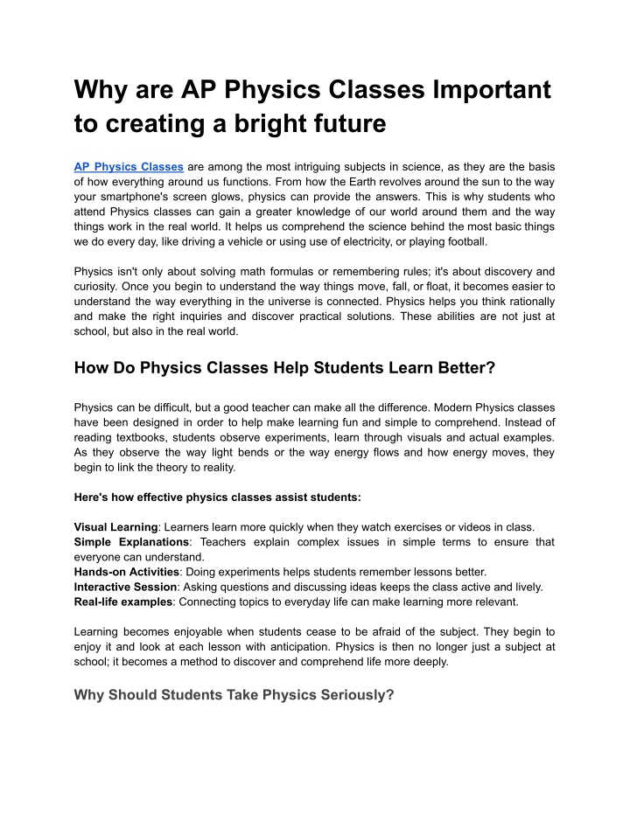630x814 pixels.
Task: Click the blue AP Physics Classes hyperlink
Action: (x=129, y=166)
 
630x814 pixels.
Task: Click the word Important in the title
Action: (x=486, y=90)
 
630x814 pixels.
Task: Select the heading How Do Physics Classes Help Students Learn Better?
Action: (x=284, y=369)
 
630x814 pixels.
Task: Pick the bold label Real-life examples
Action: (x=123, y=602)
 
